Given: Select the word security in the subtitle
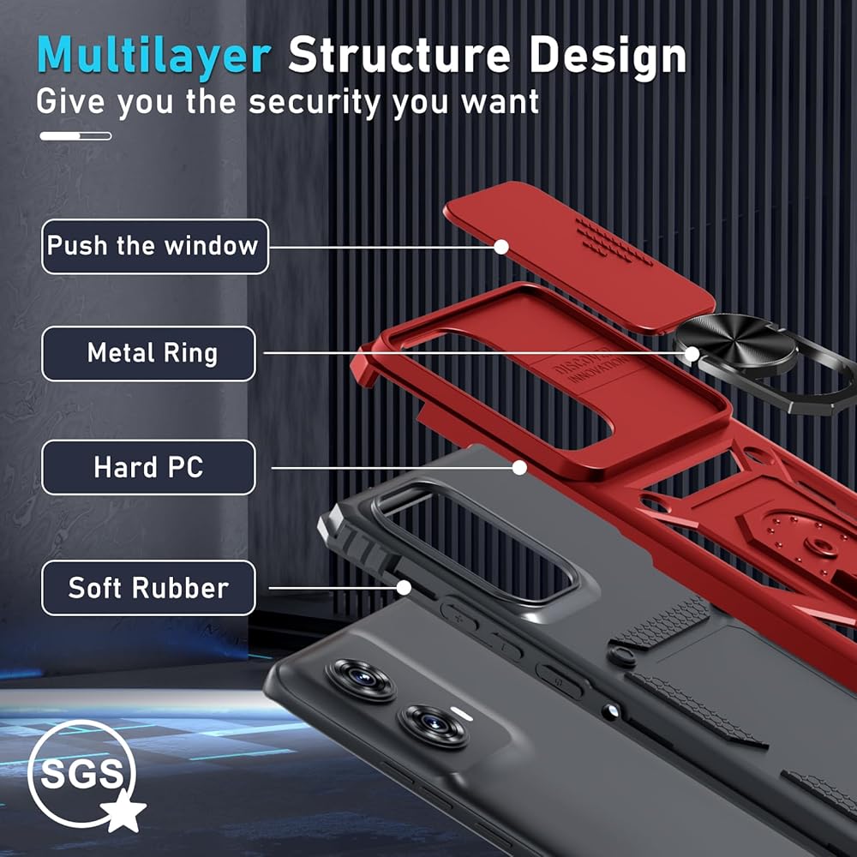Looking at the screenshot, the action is click(315, 102).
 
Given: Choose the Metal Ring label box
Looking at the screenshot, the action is click(148, 353).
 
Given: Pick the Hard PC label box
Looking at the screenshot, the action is click(148, 467).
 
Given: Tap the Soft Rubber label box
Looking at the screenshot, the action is click(148, 588).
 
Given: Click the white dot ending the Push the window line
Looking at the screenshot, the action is click(502, 247).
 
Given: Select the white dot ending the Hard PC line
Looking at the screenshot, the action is click(518, 467).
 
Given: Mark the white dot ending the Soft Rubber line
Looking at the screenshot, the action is click(404, 587).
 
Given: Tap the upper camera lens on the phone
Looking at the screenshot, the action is click(360, 680).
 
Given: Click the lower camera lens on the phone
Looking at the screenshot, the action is click(434, 727).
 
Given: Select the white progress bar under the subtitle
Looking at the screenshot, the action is click(75, 135).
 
